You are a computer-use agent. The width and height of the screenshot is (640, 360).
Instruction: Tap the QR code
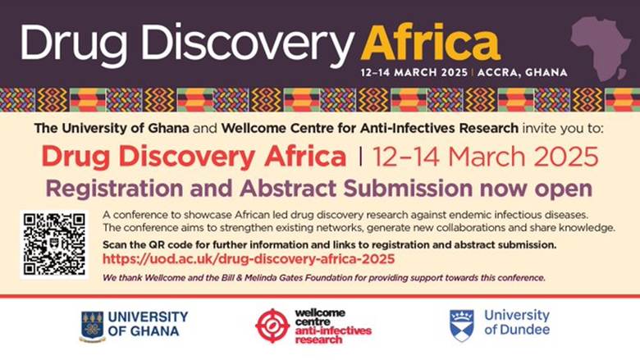pyautogui.click(x=54, y=244)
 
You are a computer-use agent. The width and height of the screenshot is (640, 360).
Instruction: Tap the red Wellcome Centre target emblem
pyautogui.click(x=272, y=326)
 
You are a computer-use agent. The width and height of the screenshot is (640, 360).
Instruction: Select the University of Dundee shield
pyautogui.click(x=461, y=325)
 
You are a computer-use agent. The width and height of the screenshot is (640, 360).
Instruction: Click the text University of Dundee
pyautogui.click(x=517, y=323)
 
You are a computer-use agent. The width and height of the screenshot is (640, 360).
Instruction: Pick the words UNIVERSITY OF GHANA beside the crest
pyautogui.click(x=148, y=324)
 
